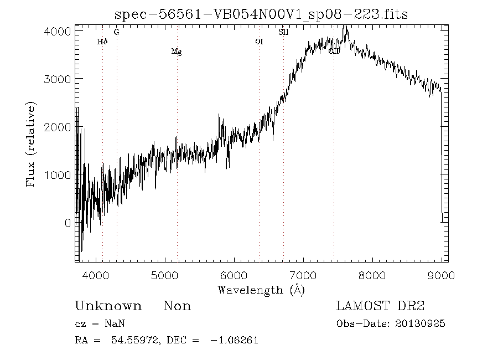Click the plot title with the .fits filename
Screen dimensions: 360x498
261,14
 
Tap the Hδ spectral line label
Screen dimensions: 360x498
102,42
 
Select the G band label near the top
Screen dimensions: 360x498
116,32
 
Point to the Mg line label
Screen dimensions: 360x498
177,52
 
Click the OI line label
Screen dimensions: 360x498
259,42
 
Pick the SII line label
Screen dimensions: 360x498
283,32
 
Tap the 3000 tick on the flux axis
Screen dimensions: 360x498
57,79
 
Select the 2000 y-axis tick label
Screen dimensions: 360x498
57,127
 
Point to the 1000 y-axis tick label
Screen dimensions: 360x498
57,175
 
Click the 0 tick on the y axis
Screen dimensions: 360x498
68,223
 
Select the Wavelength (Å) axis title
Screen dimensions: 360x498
261,289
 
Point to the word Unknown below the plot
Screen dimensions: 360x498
108,306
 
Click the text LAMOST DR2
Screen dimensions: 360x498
380,306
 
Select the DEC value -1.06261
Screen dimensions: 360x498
235,341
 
